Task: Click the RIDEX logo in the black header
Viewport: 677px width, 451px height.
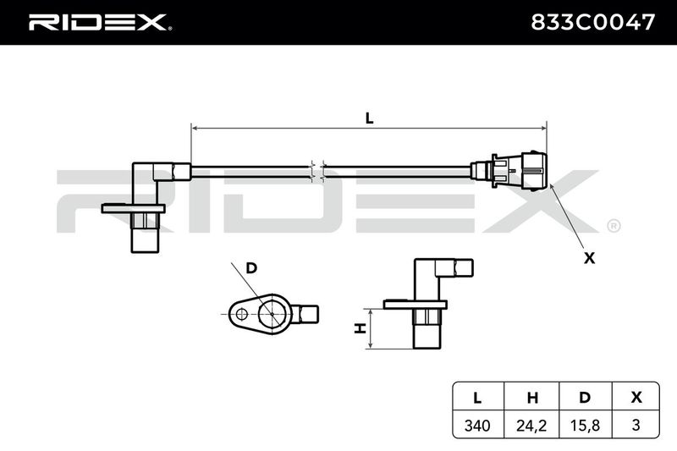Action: [99, 22]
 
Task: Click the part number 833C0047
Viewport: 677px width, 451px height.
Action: [592, 22]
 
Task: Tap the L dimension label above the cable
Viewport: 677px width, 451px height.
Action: [369, 118]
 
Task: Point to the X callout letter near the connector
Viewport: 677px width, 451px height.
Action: [589, 258]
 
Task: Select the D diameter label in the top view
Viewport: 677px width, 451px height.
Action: [251, 268]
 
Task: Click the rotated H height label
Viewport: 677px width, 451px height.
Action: [360, 328]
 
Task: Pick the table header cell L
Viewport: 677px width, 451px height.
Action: [477, 398]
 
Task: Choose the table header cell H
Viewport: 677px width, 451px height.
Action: [532, 398]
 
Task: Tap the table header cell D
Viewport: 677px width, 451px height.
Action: [585, 398]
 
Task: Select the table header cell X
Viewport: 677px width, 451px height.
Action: [636, 398]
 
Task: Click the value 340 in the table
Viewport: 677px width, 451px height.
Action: [477, 426]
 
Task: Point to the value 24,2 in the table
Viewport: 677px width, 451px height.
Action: [531, 426]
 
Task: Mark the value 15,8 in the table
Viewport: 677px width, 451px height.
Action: [585, 426]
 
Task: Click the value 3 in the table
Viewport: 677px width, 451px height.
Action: [636, 426]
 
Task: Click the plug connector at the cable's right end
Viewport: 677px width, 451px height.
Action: [509, 171]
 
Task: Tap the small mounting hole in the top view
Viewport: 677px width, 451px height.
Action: [241, 314]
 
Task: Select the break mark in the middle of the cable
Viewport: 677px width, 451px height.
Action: [317, 172]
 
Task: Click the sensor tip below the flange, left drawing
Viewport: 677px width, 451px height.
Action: [145, 239]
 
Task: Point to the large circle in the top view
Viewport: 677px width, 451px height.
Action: [272, 313]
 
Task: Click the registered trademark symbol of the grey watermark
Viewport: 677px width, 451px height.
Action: [614, 226]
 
